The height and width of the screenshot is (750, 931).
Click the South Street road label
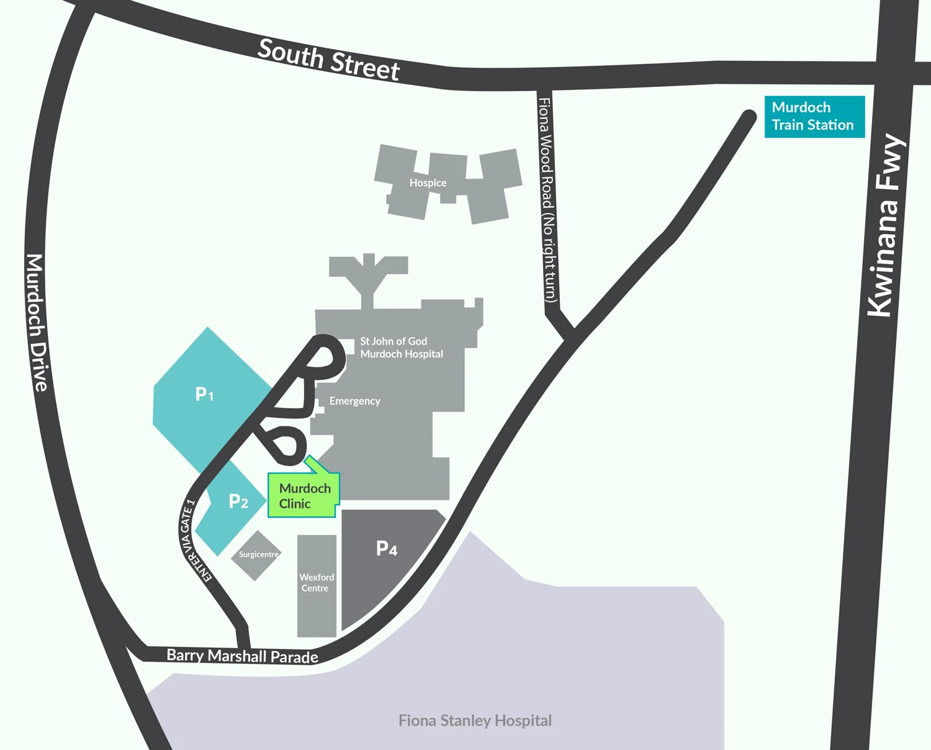pyautogui.click(x=328, y=60)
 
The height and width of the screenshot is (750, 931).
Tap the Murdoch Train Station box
pyautogui.click(x=814, y=116)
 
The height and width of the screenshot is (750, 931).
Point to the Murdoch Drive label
pyautogui.click(x=37, y=322)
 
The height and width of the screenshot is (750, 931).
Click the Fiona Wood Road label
pyautogui.click(x=546, y=200)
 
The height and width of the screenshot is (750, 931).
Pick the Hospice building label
pyautogui.click(x=428, y=183)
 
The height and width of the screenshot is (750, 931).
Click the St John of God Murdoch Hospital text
pyautogui.click(x=401, y=348)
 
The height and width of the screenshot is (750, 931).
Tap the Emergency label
pyautogui.click(x=354, y=401)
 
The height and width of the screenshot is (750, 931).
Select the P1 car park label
pyautogui.click(x=204, y=394)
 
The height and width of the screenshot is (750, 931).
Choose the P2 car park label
pyautogui.click(x=238, y=501)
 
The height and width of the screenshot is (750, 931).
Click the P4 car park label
pyautogui.click(x=387, y=548)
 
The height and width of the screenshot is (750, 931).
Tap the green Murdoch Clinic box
pyautogui.click(x=304, y=496)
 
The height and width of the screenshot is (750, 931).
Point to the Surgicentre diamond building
pyautogui.click(x=256, y=555)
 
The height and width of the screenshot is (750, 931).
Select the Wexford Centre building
pyautogui.click(x=317, y=584)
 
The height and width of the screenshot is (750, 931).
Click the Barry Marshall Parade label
pyautogui.click(x=242, y=656)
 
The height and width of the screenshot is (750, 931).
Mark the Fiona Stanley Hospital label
pyautogui.click(x=475, y=720)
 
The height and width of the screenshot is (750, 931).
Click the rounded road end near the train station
pyautogui.click(x=749, y=116)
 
